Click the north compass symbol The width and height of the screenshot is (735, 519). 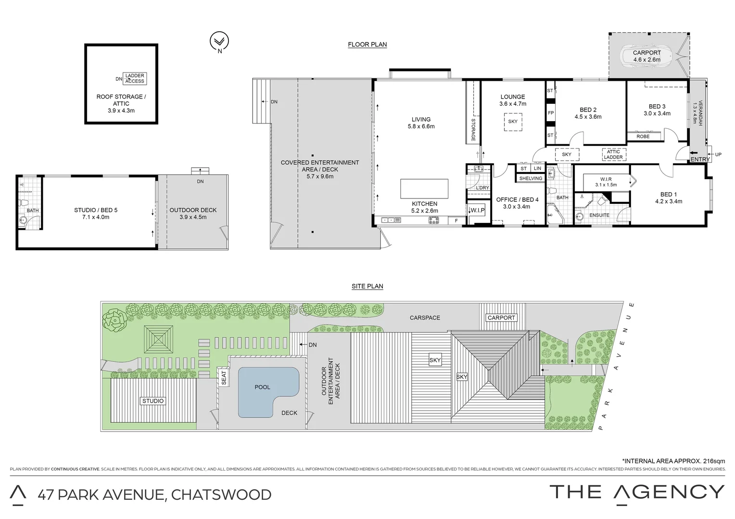[220, 42]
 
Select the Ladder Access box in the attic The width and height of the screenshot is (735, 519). [134, 78]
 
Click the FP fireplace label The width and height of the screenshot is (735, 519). [551, 113]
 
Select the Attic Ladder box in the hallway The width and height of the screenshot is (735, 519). [613, 154]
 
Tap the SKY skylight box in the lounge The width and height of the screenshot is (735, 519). [513, 122]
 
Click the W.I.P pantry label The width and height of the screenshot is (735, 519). [477, 210]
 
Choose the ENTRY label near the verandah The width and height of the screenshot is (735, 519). [699, 159]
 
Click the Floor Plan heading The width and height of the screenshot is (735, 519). [367, 45]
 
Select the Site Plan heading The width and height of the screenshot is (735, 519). [367, 286]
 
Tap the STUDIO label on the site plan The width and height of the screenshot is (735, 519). [153, 401]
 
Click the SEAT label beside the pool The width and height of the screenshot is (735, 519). [223, 378]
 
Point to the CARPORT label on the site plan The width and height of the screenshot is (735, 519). [501, 318]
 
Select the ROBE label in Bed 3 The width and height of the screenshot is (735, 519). [643, 136]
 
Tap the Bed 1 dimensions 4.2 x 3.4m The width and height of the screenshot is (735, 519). [668, 201]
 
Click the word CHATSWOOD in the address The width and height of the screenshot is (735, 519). [221, 494]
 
